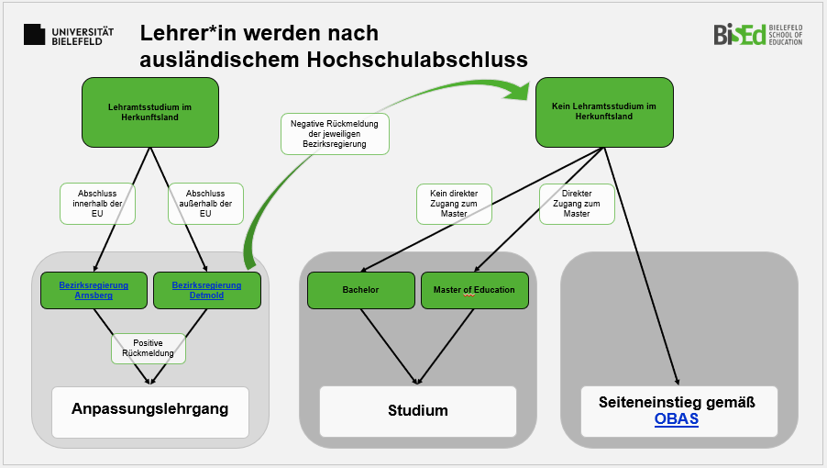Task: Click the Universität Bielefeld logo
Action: [x=69, y=35]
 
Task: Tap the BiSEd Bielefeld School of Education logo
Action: [x=757, y=35]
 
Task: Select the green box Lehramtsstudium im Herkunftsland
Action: [x=150, y=112]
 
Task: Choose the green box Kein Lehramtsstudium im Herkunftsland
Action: [x=604, y=112]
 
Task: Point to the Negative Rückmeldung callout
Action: [x=336, y=133]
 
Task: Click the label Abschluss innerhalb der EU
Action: [x=97, y=204]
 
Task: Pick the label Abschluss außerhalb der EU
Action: [x=205, y=204]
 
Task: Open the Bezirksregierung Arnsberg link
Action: [x=94, y=290]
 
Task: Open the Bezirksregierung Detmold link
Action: [x=206, y=290]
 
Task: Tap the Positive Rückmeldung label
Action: [x=149, y=347]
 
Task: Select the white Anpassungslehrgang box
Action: [x=150, y=409]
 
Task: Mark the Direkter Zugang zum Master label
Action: [x=577, y=204]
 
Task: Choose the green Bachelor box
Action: [x=360, y=290]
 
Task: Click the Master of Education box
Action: [x=474, y=290]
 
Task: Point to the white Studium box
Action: [x=417, y=410]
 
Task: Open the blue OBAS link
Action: [x=677, y=419]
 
